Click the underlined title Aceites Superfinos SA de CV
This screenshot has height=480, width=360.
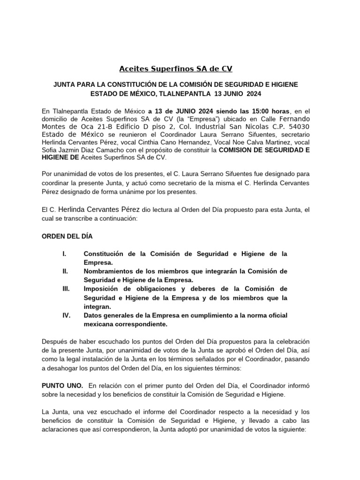tap(176, 69)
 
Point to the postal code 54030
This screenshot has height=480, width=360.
tap(296, 127)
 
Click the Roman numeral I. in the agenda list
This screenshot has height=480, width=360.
tap(64, 254)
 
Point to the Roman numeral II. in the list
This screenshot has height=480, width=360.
tap(65, 271)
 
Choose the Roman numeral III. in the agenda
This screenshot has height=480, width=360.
tap(66, 289)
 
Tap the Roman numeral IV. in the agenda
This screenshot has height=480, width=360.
tap(66, 315)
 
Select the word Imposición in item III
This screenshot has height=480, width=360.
tap(103, 289)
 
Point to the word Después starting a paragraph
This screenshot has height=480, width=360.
tap(56, 341)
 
